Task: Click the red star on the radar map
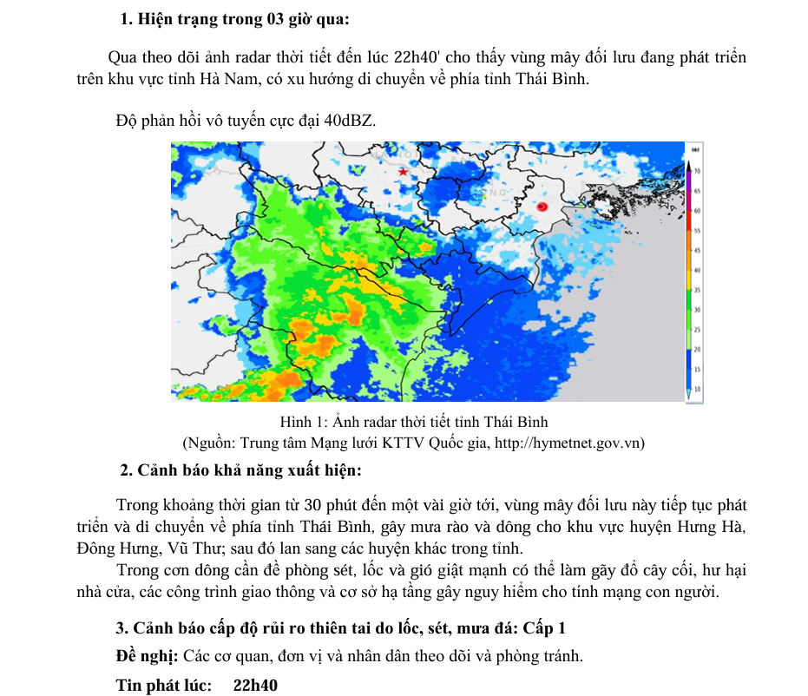403,173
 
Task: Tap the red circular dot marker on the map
542,207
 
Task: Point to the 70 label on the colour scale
696,170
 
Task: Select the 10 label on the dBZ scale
696,390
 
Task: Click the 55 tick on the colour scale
696,232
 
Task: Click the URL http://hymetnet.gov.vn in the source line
568,443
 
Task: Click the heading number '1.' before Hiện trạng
127,19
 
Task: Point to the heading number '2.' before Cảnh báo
127,471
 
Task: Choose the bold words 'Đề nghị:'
147,656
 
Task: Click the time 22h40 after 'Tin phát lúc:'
255,686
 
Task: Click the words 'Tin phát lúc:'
164,686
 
